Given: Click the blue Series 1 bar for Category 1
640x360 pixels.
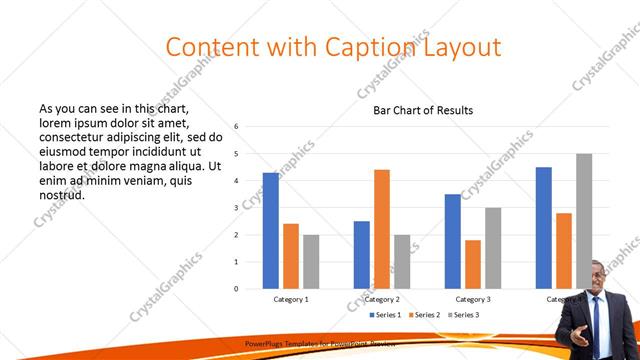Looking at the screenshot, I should (270, 231).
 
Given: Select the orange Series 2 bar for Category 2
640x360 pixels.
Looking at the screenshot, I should (382, 229).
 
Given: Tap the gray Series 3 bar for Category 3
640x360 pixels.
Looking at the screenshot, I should (493, 248).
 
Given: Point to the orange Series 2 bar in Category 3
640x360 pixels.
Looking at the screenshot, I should (473, 264).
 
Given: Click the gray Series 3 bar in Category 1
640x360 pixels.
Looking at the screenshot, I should (311, 262).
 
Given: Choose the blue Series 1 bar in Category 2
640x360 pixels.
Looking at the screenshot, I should (361, 255).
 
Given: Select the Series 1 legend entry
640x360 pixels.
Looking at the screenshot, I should (387, 315).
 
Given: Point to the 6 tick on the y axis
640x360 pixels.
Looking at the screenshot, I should (236, 127).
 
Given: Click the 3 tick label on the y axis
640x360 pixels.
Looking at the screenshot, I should (236, 208).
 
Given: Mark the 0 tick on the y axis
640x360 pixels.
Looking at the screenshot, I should (236, 289).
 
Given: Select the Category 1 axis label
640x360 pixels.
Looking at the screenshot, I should (291, 299).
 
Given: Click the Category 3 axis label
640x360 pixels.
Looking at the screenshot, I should (473, 299).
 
